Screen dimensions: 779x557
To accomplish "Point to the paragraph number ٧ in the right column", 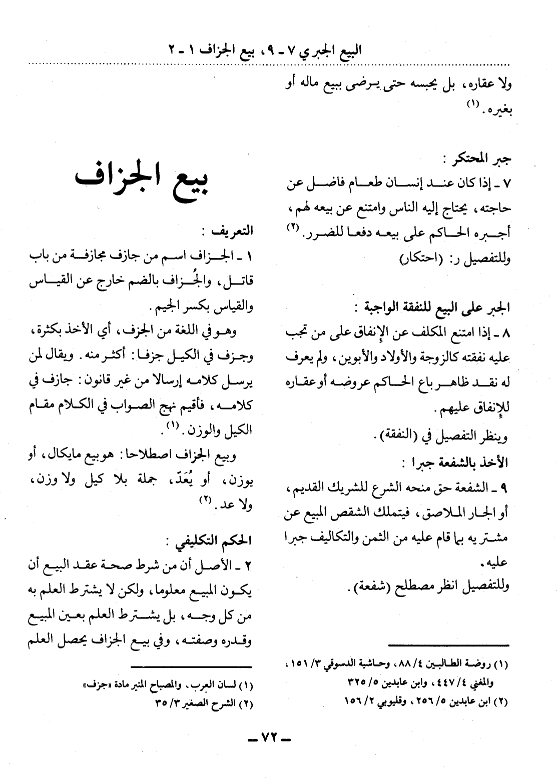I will (x=506, y=185).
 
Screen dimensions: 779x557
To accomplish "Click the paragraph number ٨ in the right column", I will (x=506, y=332).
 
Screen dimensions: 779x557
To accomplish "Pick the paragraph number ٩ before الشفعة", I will (x=506, y=485).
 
